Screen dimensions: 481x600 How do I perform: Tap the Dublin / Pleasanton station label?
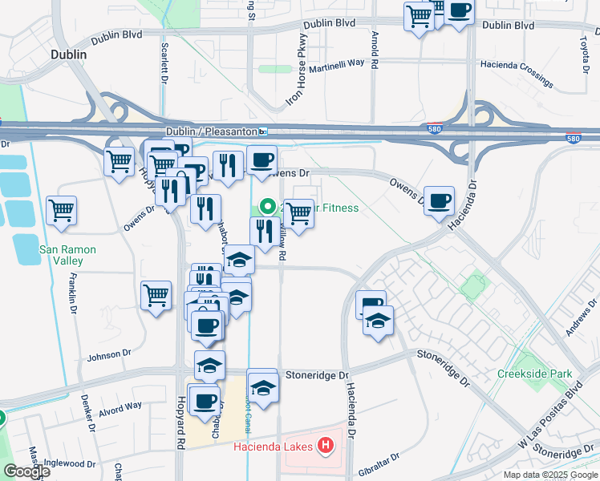point(212,131)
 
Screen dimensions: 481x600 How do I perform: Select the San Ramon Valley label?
point(68,255)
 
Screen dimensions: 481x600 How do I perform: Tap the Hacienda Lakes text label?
point(274,447)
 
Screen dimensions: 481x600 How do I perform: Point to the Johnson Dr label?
point(108,354)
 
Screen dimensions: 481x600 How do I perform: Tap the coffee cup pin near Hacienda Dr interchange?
point(439,201)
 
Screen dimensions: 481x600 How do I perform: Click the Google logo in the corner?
point(26,471)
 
